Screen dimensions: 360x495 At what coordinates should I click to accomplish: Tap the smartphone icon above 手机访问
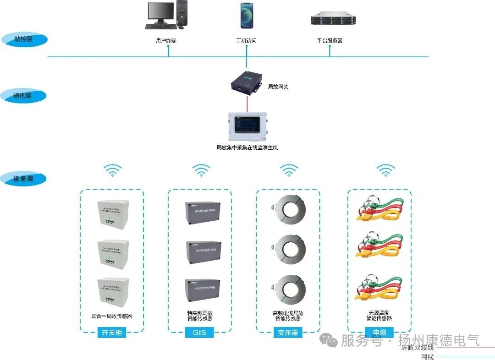[247, 16]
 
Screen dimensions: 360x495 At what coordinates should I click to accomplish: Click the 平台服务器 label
[330, 41]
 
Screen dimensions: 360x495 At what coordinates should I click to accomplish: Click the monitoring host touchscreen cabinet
[247, 126]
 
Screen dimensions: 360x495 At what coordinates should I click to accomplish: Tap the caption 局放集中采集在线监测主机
[247, 148]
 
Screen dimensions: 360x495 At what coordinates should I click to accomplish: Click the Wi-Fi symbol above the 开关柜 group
[112, 171]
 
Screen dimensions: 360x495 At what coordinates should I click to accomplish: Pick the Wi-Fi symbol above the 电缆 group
[385, 171]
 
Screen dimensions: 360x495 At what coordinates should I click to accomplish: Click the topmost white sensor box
[112, 213]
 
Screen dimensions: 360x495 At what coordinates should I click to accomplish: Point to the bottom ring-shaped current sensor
[289, 289]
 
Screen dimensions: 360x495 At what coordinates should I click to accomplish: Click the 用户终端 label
[166, 41]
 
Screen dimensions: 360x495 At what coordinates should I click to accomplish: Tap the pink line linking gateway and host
[247, 104]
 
